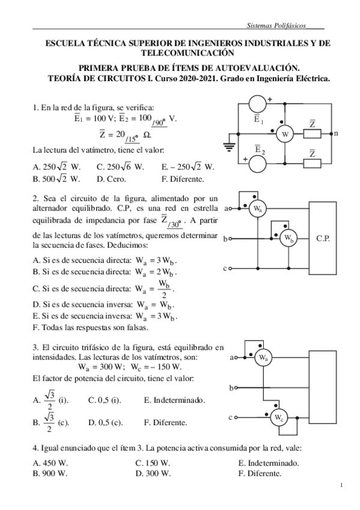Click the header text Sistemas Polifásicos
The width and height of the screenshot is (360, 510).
[277, 27]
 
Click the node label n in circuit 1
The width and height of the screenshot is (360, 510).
[335, 134]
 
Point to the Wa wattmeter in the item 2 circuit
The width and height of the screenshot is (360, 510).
[257, 209]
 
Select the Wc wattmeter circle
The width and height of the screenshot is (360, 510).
[278, 417]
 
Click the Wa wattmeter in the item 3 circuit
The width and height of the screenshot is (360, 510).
[262, 358]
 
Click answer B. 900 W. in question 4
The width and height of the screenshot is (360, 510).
[50, 473]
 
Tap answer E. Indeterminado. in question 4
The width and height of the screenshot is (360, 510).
[268, 463]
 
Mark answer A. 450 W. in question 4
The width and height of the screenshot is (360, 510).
[50, 463]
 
